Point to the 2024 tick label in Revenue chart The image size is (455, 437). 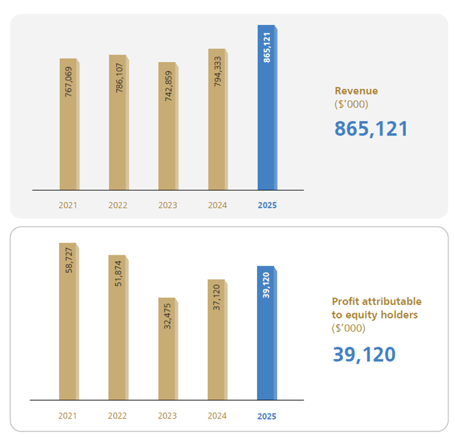217,205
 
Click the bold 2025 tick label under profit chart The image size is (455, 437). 267,416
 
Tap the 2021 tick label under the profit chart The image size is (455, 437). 68,416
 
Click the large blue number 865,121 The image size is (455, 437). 371,128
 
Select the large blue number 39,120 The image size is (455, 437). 364,354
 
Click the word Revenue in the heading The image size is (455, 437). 356,91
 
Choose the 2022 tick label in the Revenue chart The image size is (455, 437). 117,205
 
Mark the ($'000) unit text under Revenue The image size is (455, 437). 350,104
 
